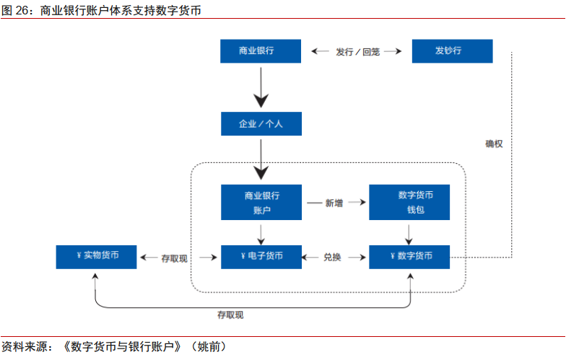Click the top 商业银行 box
(x=261, y=51)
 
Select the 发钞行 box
(x=452, y=51)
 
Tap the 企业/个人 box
(x=261, y=123)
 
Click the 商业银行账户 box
(x=261, y=202)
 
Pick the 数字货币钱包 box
(x=409, y=202)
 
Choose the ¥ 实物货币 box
(x=97, y=257)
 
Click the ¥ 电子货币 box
(x=261, y=257)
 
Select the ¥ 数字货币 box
(x=409, y=257)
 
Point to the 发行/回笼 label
(x=357, y=52)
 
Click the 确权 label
(x=494, y=144)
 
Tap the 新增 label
(x=334, y=203)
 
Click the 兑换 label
(x=332, y=257)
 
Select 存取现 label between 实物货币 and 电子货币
(x=175, y=258)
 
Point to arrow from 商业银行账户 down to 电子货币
(x=261, y=232)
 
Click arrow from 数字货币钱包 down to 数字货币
(x=409, y=232)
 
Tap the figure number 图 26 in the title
(x=14, y=10)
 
